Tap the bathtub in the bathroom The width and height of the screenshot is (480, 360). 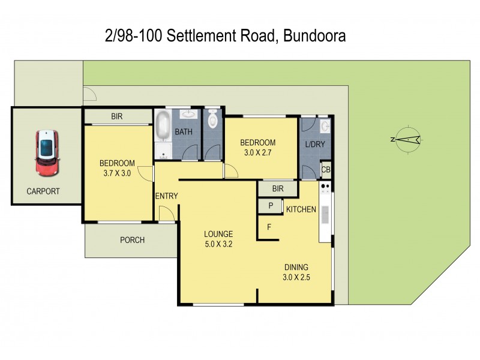tap(163, 127)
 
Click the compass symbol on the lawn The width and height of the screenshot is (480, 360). tap(407, 139)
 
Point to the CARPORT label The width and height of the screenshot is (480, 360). tap(43, 192)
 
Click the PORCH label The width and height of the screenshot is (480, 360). tap(132, 240)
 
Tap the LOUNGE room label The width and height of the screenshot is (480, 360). tap(218, 233)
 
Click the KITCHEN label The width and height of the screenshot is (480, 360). tap(301, 209)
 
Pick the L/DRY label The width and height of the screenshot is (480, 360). tap(314, 144)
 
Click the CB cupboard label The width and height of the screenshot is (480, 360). tap(326, 170)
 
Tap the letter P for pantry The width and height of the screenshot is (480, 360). tap(271, 206)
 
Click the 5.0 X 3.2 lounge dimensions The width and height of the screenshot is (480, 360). tap(218, 244)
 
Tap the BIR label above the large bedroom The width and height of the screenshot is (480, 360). tap(117, 116)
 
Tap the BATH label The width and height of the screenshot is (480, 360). tap(183, 131)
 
